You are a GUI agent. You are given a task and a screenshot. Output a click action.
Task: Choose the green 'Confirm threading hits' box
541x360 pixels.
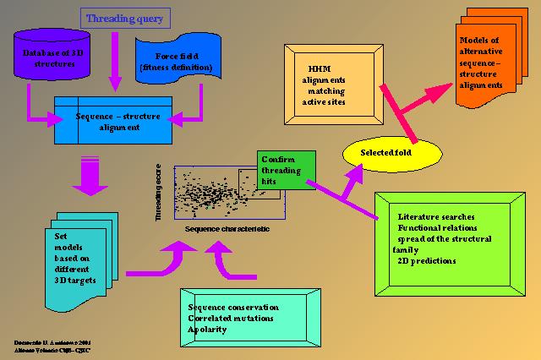[x=287, y=170]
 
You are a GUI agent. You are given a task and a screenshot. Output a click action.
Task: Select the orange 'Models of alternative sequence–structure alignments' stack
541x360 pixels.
[x=487, y=64]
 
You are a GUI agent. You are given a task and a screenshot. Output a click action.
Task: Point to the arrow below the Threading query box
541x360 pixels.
[x=115, y=60]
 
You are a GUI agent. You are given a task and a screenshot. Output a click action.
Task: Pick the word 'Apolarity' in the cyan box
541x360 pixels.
[x=207, y=329]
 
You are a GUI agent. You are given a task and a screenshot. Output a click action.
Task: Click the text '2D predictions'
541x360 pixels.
[x=427, y=261]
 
